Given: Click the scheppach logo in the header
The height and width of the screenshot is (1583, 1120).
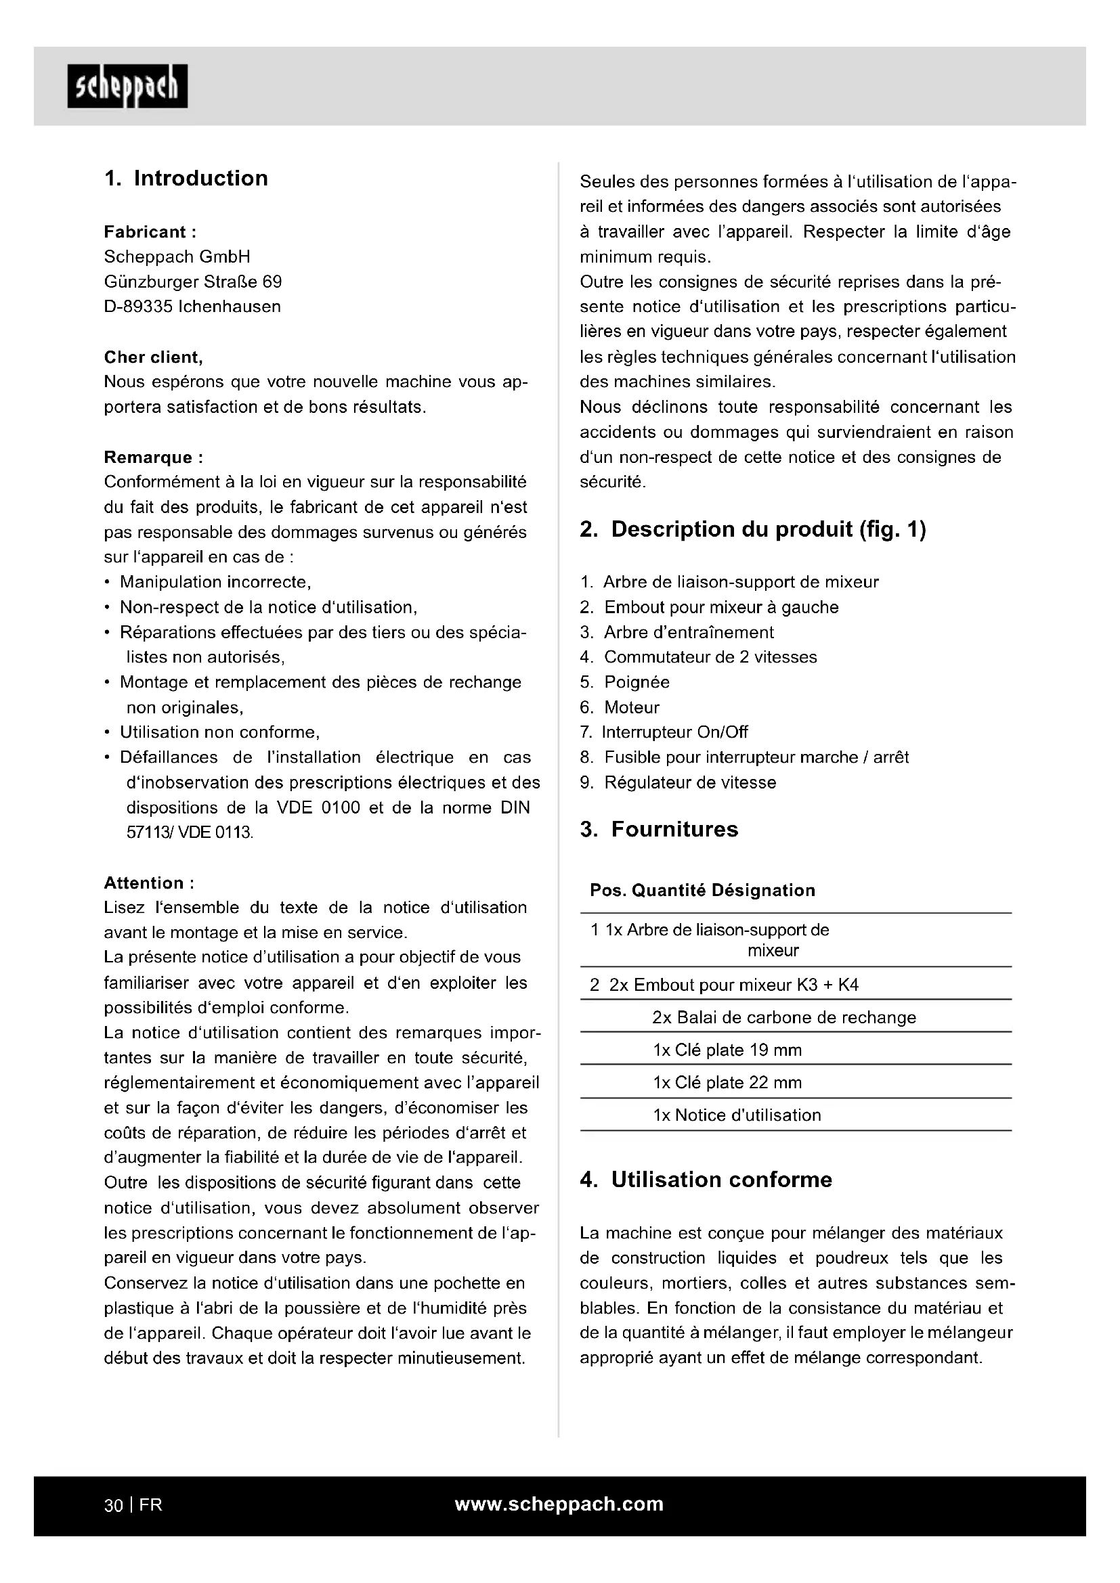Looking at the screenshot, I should point(127,86).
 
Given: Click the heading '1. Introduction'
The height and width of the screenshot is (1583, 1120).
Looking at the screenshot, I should point(186,178).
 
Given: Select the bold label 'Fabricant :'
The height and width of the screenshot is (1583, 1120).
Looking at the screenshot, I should point(150,231).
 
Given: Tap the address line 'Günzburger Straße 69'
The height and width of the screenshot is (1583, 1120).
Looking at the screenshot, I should point(192,282).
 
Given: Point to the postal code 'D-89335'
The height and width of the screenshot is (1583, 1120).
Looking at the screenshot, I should point(138,307).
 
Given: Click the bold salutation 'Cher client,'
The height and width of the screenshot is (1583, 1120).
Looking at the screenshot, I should point(153,357).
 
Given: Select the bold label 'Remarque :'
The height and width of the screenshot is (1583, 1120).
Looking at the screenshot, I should point(153,457).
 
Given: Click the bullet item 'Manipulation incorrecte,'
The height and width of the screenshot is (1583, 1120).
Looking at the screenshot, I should point(215,582).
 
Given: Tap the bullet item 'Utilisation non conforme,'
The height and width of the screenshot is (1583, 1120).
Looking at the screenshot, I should point(219,732).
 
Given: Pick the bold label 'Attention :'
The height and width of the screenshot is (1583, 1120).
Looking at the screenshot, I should point(149,883).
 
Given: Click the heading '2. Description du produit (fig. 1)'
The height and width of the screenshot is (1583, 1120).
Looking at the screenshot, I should point(752,529).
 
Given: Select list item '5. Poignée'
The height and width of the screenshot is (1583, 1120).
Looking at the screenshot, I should point(625,682).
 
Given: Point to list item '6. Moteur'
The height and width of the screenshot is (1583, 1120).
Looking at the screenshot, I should point(620,707).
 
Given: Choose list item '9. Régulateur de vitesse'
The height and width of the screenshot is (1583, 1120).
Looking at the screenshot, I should point(678,782).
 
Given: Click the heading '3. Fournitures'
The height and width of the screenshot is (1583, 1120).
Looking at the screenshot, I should point(659,829).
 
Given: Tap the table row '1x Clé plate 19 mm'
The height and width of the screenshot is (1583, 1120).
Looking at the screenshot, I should point(727,1050).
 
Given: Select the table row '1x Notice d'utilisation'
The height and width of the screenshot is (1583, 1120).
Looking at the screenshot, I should point(737,1115).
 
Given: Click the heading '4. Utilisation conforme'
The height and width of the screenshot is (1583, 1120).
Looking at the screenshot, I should point(706,1180).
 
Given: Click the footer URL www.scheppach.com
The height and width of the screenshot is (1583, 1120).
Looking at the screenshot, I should point(559,1504).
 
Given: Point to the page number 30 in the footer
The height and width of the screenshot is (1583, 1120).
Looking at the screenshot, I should point(113,1505).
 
